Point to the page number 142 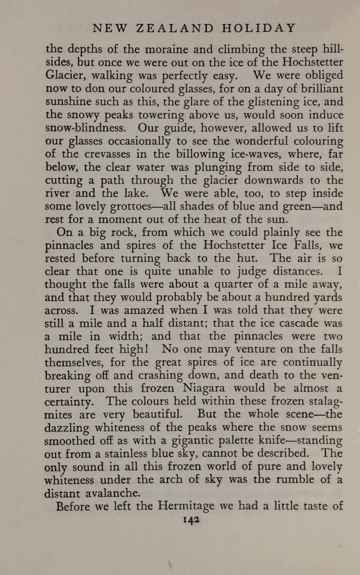pos(191,520)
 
